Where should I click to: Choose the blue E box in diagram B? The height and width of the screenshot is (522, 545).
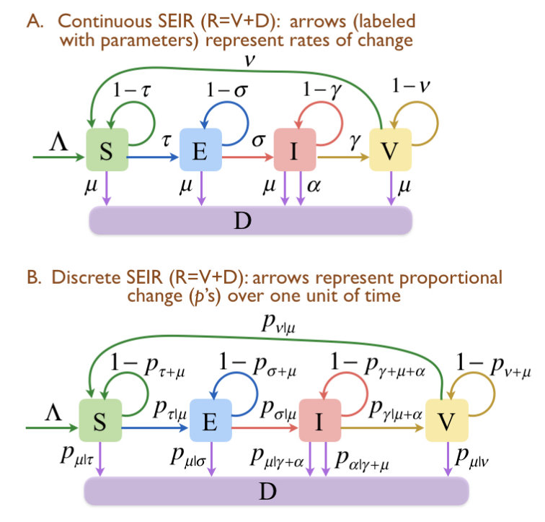pyautogui.click(x=210, y=421)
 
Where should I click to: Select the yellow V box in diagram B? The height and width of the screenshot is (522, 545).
pyautogui.click(x=448, y=421)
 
